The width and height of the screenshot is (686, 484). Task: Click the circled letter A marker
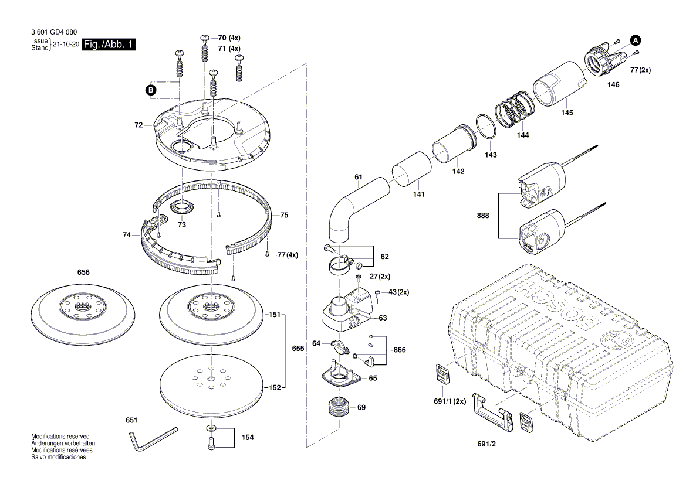coord(636,40)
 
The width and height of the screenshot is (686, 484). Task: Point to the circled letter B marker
coord(151,90)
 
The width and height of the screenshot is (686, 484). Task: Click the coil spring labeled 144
coord(514,111)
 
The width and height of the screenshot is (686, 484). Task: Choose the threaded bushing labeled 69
coord(338,405)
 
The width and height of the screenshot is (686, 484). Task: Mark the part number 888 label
coord(482,216)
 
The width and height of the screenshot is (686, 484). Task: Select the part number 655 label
coord(298,349)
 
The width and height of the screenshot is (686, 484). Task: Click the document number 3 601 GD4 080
coord(52,32)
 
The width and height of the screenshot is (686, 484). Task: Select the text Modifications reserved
coord(60,437)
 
